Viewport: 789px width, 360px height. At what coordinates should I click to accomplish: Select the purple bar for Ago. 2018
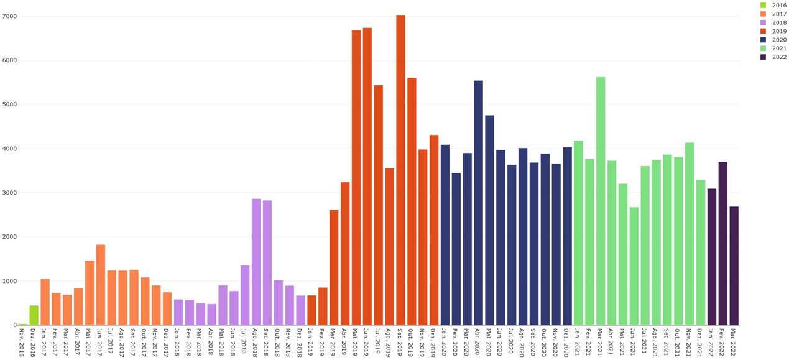(256, 262)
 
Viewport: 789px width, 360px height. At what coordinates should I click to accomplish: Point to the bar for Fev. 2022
(722, 243)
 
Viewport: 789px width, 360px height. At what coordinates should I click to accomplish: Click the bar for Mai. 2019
(356, 177)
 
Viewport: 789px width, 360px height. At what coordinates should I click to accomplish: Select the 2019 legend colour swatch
(764, 31)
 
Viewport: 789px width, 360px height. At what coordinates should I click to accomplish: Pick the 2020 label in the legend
(779, 40)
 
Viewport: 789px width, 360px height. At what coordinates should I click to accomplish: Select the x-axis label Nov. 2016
(22, 341)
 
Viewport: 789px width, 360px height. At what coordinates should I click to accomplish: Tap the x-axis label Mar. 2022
(734, 341)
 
